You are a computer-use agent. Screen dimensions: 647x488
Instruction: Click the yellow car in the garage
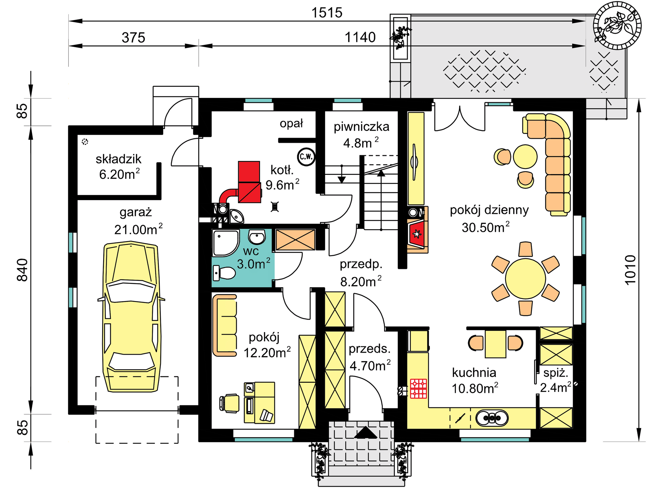click(131, 317)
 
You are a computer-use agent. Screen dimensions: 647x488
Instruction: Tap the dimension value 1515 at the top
click(327, 13)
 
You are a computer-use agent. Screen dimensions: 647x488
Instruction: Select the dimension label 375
click(133, 37)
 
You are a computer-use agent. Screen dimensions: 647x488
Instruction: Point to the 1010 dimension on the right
click(630, 270)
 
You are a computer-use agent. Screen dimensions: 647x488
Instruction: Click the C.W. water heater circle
click(306, 157)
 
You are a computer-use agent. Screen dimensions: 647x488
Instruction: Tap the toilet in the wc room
click(224, 273)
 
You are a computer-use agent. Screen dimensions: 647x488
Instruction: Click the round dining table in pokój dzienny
click(525, 279)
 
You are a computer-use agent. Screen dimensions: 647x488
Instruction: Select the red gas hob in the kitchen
click(419, 389)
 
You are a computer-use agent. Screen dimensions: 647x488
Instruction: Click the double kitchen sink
click(492, 418)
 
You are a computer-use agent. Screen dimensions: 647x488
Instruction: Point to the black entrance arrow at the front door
click(365, 432)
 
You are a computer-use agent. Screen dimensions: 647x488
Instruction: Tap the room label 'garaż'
click(136, 213)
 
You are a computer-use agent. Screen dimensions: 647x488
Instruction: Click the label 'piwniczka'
click(361, 127)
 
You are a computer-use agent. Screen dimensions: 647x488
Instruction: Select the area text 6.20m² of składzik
click(119, 174)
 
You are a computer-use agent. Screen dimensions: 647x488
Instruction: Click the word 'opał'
click(291, 124)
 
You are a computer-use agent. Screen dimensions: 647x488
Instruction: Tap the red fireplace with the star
click(417, 233)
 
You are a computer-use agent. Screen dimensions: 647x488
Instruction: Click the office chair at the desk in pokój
click(229, 403)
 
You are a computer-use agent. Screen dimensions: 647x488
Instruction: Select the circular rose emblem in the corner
click(617, 25)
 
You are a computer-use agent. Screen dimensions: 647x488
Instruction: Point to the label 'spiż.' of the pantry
click(556, 373)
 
